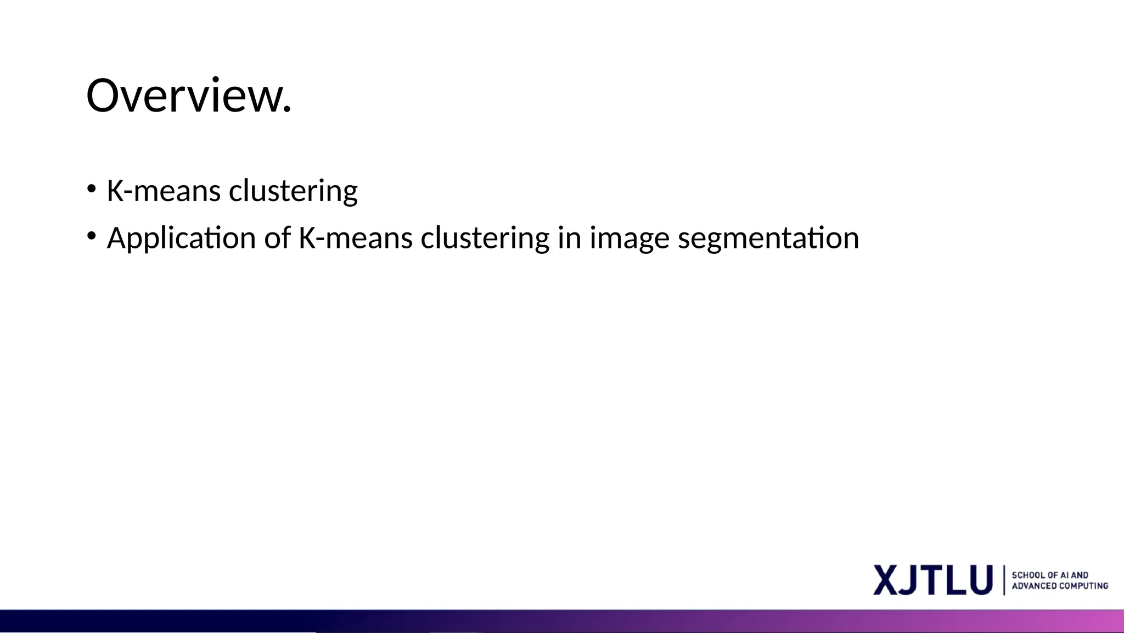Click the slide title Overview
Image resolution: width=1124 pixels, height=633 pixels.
188,96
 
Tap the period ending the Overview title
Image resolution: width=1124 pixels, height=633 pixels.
286,110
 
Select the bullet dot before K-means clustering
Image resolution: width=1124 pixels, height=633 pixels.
91,189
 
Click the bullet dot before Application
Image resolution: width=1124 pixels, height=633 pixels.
91,236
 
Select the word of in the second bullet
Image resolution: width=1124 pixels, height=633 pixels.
277,238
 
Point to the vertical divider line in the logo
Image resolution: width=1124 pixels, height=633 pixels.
1004,580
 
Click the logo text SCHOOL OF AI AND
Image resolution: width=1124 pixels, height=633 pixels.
1050,575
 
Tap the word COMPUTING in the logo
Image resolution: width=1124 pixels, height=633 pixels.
1083,586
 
